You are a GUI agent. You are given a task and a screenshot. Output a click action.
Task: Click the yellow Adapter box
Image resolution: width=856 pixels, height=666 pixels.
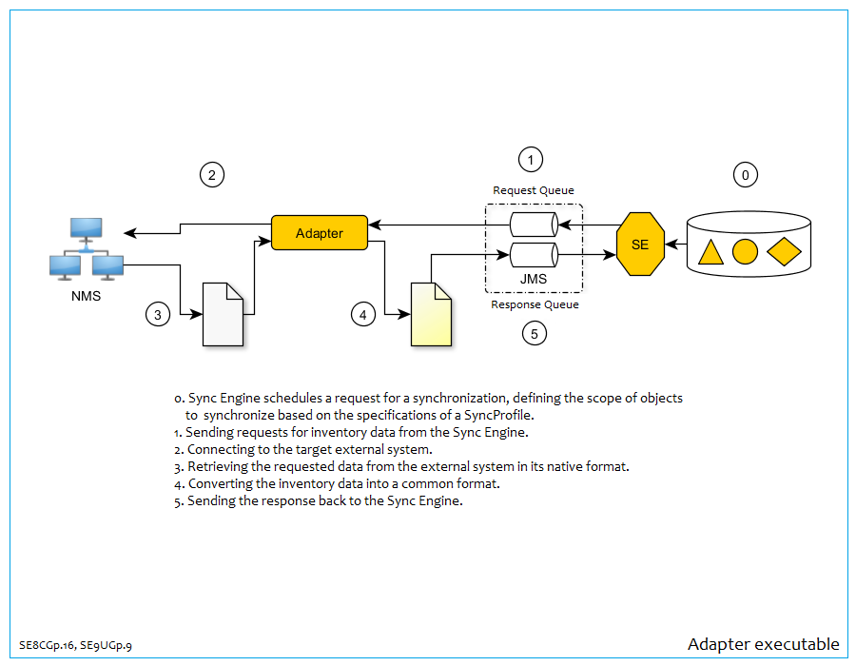coord(320,233)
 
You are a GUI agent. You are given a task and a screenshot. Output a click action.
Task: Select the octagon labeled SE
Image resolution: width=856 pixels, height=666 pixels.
coord(640,245)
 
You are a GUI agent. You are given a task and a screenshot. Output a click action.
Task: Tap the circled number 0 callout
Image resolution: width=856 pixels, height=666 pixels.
coord(745,174)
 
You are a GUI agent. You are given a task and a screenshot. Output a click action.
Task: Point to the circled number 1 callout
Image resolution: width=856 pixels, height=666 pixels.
coord(530,158)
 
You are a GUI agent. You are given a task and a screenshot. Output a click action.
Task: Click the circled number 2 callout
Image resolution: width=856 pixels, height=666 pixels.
coord(212,174)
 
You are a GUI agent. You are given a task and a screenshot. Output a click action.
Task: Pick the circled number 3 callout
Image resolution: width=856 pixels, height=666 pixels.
coord(158,313)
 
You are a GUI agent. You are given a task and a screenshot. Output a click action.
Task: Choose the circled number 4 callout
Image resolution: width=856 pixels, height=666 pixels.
coord(362,314)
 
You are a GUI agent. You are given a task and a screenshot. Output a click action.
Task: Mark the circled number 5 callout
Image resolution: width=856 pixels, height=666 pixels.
coord(534,333)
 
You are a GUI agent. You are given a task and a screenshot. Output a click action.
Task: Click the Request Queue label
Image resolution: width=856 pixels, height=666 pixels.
coord(533,190)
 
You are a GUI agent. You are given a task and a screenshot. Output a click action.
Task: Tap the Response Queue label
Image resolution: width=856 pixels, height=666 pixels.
coord(535,304)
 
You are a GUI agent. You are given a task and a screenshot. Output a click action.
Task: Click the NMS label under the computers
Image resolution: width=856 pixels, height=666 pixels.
coord(85,295)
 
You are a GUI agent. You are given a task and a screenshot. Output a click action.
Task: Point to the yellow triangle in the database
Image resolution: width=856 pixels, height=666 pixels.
coord(710,253)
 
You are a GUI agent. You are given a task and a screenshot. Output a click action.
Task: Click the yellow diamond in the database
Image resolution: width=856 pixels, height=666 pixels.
coord(784,252)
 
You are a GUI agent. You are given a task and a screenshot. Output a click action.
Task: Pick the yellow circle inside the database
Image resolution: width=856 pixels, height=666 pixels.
coord(746,252)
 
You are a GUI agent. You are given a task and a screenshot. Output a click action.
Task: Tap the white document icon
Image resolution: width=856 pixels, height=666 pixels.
coord(224,314)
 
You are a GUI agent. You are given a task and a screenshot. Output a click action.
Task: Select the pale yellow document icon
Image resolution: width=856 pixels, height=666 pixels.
coord(431,314)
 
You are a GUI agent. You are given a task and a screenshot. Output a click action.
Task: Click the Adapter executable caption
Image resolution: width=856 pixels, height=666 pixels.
coord(763,645)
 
